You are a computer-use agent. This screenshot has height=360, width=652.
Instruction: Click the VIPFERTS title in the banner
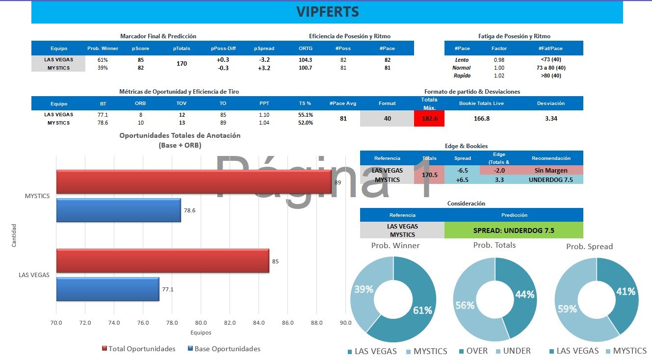coord(327,12)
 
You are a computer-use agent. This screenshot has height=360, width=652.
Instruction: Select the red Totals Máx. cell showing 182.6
coord(429,119)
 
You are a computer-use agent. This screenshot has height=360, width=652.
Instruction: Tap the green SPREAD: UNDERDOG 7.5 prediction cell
coord(514,230)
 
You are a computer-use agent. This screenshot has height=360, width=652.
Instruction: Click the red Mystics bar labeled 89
coord(194,182)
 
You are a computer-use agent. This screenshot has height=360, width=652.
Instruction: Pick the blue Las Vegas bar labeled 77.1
coord(108,289)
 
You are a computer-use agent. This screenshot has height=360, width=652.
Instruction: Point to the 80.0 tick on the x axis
coord(201,323)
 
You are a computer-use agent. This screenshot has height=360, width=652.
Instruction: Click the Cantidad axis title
coord(14,235)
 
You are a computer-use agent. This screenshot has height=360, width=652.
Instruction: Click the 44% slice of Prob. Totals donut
coord(521,294)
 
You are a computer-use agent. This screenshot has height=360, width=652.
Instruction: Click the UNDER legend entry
coord(513,351)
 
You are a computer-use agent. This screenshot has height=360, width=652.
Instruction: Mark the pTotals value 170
coord(182,63)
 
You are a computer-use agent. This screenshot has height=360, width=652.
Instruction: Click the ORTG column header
coord(305,48)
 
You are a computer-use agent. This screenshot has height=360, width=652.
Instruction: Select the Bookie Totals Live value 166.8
coord(481,119)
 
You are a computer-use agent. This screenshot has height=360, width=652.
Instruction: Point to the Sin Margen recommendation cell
coord(551,170)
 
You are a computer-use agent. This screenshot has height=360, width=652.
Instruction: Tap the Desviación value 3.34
coord(551,119)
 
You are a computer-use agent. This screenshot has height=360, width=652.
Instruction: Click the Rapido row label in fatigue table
coord(462,76)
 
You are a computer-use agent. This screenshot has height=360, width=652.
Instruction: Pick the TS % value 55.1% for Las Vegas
coord(305,115)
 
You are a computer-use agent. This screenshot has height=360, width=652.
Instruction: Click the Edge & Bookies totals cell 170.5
coord(429,175)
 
